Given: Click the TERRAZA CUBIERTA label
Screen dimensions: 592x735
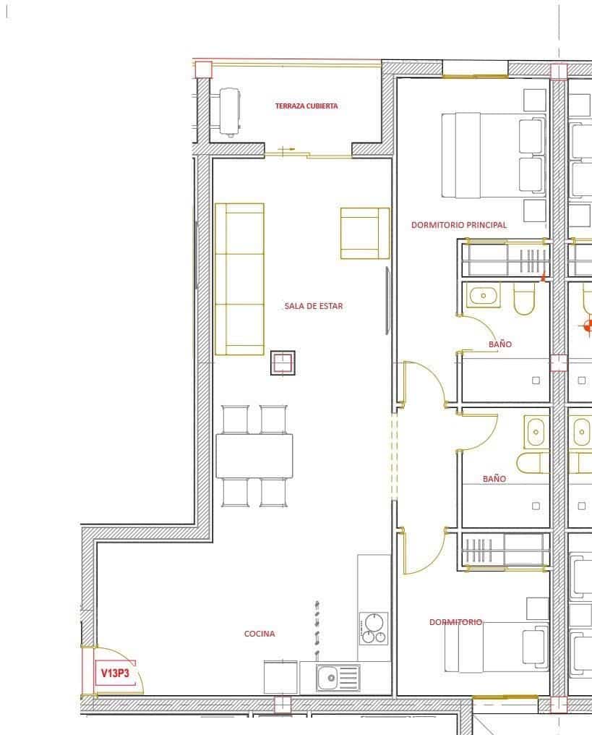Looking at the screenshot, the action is point(306,106).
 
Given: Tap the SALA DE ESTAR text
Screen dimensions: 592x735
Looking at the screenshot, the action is point(314,306).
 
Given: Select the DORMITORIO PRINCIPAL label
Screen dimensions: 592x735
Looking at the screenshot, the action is point(459,225).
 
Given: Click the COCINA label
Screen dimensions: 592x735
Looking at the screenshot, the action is point(259,634).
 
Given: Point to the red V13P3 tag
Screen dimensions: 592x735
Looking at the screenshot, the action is point(115,674).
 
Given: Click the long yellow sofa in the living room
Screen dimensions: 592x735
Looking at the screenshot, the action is point(239,279).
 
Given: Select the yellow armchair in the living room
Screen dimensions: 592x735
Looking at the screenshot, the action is point(364,233).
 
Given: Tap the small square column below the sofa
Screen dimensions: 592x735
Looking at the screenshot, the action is point(283,362).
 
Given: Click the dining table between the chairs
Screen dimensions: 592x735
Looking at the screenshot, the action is point(254,456).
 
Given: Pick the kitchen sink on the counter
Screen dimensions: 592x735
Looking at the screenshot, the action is point(338,678).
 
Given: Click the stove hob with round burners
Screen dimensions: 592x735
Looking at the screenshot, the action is point(374,628).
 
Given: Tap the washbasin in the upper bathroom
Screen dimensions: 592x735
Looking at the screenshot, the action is point(483,295).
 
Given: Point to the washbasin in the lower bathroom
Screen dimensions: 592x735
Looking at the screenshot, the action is point(535,433).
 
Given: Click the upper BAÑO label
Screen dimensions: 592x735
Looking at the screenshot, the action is point(499,344).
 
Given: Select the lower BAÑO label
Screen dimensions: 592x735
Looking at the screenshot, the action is point(494,479).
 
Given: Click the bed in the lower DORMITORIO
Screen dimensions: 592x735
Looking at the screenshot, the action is point(495,646).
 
